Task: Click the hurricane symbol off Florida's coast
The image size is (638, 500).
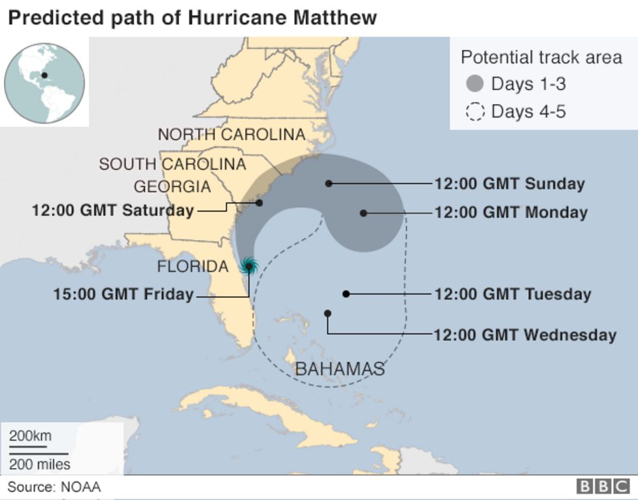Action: [248, 266]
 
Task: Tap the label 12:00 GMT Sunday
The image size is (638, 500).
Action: [509, 184]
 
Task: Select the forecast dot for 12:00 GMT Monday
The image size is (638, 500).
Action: [363, 213]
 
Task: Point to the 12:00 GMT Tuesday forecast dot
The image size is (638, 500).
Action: [346, 294]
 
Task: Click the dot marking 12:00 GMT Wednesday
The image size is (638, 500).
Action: [327, 313]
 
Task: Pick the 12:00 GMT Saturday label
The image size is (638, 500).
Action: [112, 211]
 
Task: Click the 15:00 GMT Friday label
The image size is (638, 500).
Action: [123, 295]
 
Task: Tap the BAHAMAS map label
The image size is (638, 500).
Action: [339, 369]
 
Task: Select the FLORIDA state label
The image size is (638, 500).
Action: [193, 266]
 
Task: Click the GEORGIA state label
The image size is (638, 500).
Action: [172, 187]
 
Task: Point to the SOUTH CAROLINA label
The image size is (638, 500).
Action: [172, 164]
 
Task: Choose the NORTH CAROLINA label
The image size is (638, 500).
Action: [231, 135]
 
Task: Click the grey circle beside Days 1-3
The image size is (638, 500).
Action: [475, 84]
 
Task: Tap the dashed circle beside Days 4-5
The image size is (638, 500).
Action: [475, 112]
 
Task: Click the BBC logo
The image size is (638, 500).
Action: [602, 486]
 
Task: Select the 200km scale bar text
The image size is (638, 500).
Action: [30, 437]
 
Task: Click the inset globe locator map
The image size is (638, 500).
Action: [44, 82]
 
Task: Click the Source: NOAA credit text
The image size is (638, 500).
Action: [54, 487]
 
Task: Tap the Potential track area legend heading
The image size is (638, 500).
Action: [541, 58]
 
